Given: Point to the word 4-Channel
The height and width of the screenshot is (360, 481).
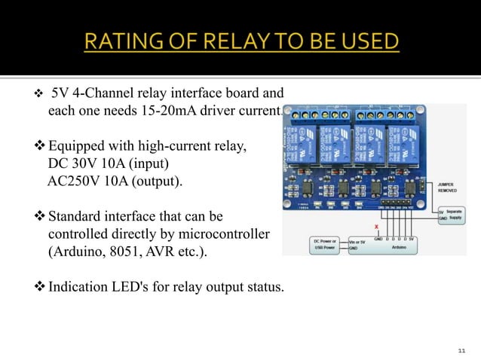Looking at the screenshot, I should pos(102,94).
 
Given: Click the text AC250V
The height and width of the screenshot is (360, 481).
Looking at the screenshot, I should pos(74,182).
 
